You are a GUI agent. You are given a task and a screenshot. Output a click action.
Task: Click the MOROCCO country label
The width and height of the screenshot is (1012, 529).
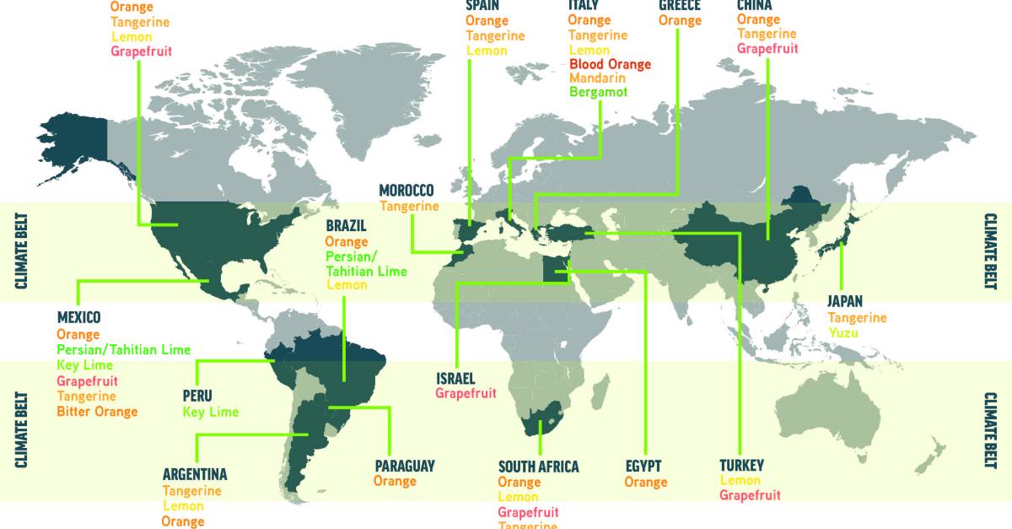(406, 191)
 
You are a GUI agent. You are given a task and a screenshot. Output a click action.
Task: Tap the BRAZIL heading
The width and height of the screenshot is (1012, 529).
(347, 226)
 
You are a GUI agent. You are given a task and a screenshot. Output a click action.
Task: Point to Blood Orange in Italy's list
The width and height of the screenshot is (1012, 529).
(610, 64)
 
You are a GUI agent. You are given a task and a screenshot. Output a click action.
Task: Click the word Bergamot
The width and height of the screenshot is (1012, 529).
(598, 92)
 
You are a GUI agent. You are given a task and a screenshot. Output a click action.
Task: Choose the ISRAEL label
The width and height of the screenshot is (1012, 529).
(455, 378)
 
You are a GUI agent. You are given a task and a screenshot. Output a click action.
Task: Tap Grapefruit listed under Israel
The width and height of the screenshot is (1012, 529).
(466, 393)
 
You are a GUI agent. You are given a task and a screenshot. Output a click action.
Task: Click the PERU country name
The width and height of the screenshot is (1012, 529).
(197, 396)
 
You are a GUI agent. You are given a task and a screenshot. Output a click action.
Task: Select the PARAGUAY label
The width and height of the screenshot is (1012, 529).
(405, 466)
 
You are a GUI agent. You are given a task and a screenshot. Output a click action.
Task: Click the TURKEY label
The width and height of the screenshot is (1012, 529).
(741, 466)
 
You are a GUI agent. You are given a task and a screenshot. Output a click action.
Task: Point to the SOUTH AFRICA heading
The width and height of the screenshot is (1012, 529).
(538, 467)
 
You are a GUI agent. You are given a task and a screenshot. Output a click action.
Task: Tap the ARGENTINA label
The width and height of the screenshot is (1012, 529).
(195, 475)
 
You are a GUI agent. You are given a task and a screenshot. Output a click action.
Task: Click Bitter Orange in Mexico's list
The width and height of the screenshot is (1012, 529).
(97, 412)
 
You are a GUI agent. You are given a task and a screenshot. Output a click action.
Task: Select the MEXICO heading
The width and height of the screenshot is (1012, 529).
(78, 318)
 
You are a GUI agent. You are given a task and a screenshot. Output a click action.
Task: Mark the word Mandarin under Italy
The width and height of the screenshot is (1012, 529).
(596, 78)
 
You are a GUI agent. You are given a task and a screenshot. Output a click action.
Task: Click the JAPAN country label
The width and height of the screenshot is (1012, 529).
(844, 302)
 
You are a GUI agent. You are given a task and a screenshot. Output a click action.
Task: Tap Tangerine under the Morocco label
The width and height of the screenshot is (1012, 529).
(409, 206)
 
